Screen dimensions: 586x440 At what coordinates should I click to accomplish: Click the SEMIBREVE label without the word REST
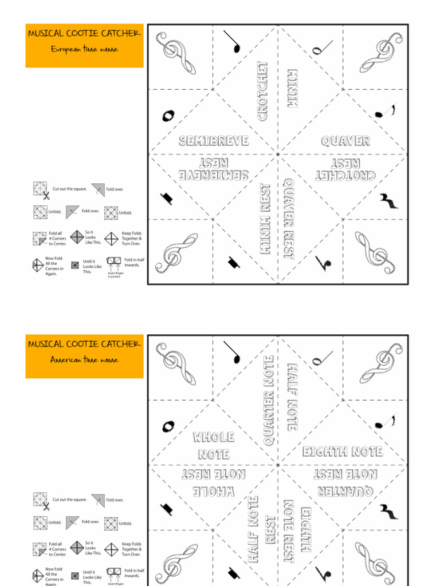point(213,141)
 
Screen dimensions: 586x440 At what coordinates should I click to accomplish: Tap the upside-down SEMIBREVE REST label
point(213,169)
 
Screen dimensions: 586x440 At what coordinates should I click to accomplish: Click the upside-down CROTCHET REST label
point(345,169)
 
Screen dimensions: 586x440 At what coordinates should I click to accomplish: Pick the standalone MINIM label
point(292,88)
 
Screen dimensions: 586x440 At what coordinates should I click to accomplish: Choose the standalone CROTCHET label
point(262,92)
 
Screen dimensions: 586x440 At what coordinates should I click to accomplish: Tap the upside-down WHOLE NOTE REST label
point(213,484)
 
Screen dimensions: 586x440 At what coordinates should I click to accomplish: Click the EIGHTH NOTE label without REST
point(343,452)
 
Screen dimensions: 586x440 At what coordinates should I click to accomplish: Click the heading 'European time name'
point(84,49)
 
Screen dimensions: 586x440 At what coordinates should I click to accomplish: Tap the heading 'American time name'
point(84,360)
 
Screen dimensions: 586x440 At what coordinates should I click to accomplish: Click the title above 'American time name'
point(84,344)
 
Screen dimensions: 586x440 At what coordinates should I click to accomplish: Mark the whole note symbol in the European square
point(167,116)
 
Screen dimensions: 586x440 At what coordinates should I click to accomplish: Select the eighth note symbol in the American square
point(384,423)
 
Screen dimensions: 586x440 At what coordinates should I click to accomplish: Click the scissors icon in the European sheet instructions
point(45,195)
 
